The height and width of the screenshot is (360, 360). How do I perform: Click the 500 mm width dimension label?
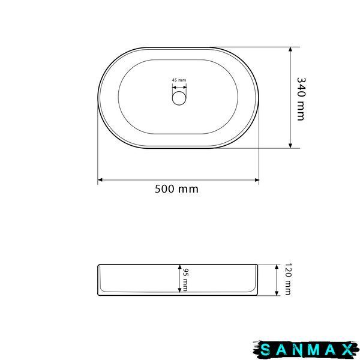[176, 189]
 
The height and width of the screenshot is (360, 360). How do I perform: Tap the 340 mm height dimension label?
[301, 99]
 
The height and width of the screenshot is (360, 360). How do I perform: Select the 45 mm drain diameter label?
[179, 80]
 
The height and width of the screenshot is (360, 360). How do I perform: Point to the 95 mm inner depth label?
[185, 280]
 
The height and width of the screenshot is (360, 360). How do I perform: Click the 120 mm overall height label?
[288, 279]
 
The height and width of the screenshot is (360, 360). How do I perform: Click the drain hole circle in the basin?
[179, 98]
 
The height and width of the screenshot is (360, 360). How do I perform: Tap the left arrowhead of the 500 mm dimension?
[100, 180]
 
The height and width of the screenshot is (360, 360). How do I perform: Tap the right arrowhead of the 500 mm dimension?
[257, 180]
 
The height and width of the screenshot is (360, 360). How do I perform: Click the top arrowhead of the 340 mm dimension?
[290, 49]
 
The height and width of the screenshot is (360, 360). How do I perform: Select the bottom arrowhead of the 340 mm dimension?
[290, 146]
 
